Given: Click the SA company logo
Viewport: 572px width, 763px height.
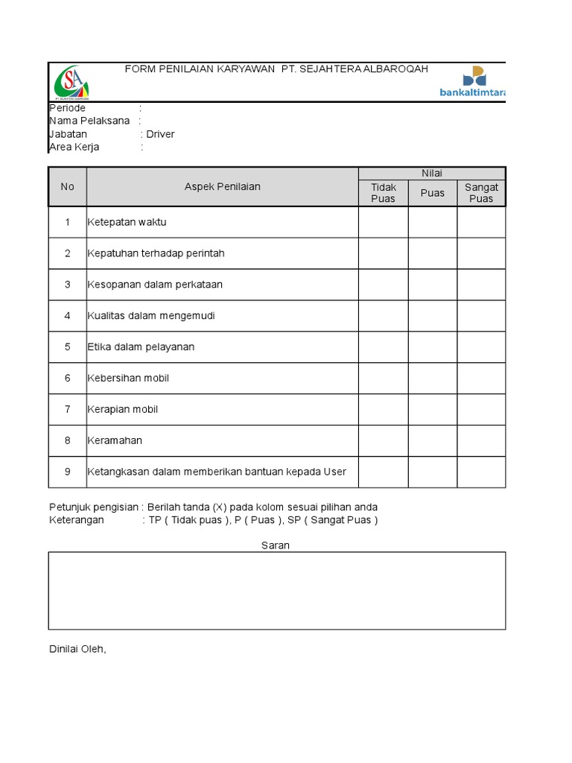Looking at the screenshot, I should coord(71,82).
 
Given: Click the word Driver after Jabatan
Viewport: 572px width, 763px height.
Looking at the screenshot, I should coord(160,134).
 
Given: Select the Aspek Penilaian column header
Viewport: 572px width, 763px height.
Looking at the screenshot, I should coord(222,187).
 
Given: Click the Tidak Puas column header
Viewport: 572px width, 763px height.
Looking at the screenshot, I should coord(384,193).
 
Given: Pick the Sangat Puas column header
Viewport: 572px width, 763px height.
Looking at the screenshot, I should coord(481,193).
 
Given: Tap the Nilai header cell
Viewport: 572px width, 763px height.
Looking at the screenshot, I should coord(432,174).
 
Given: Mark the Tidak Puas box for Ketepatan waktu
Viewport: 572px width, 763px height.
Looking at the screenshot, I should coord(384,222).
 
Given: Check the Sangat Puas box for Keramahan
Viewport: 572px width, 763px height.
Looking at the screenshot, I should coord(481,440).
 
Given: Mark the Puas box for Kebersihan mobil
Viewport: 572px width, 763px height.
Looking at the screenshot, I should coord(432,378).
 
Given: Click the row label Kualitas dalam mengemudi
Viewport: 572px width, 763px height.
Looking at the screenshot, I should coord(151,316).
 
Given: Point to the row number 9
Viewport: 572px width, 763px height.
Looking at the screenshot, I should coord(68,472).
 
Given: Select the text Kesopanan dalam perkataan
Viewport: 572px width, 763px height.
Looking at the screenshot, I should coord(155,285).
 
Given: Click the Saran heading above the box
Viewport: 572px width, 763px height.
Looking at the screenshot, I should coord(276,545).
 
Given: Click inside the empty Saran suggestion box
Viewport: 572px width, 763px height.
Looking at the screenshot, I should coord(277,591).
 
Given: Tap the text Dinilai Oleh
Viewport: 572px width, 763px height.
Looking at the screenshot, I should coord(78,649).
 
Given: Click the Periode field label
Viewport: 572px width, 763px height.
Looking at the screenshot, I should coord(67,108).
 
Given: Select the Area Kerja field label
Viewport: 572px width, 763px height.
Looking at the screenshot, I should coord(74,147).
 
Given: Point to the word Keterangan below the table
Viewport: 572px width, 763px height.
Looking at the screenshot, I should coord(77,520).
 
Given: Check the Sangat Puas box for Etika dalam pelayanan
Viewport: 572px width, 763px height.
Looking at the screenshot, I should coord(481,346).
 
